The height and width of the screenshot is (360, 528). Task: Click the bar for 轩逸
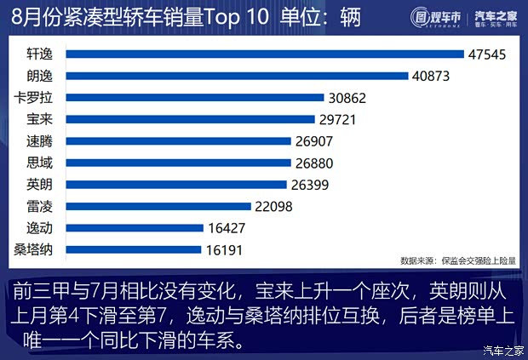click(x=265, y=54)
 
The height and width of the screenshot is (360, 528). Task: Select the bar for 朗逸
click(x=237, y=76)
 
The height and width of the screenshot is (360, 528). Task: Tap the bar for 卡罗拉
click(x=194, y=97)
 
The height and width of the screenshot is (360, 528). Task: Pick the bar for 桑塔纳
click(x=134, y=249)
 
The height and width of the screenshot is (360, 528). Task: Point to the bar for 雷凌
click(x=158, y=206)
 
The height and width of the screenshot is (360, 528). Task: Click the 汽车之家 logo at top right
click(x=493, y=17)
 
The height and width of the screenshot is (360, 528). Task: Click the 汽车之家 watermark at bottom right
click(x=502, y=349)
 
